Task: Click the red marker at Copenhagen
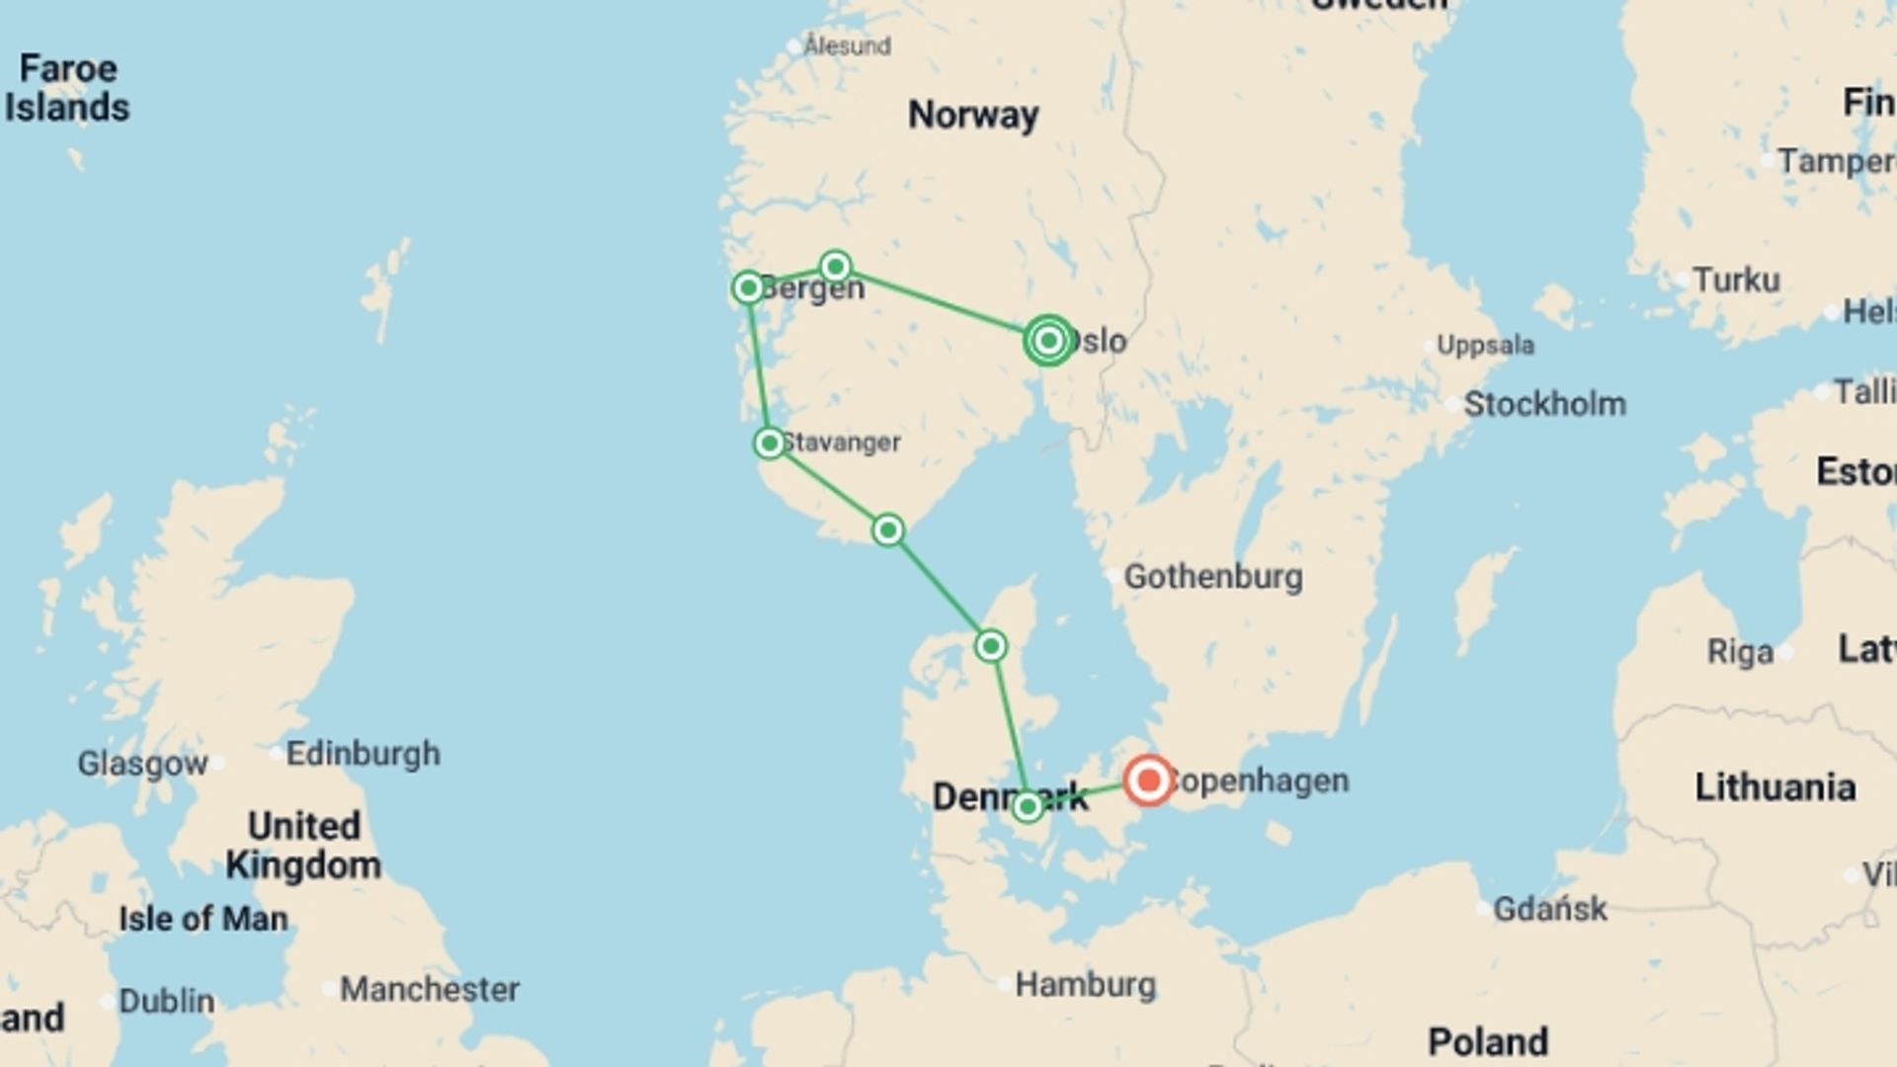click(x=1148, y=780)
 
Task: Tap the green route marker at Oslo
click(x=1048, y=340)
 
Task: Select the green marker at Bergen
click(x=748, y=287)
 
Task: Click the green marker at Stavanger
click(x=770, y=443)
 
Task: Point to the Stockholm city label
click(x=1544, y=403)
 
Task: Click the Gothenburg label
click(x=1213, y=576)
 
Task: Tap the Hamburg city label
click(x=1085, y=984)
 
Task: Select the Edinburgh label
click(x=363, y=753)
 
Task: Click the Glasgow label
click(x=143, y=763)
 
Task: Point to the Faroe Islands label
click(x=67, y=88)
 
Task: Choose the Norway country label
click(x=973, y=115)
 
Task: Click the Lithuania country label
click(x=1774, y=787)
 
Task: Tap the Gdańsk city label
click(x=1549, y=908)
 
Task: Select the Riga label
click(x=1740, y=652)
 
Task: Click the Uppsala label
click(x=1485, y=345)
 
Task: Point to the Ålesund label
click(x=847, y=45)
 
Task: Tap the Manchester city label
click(x=430, y=989)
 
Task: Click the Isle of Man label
click(x=204, y=919)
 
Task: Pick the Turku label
click(x=1736, y=280)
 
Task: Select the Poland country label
click(x=1487, y=1041)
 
